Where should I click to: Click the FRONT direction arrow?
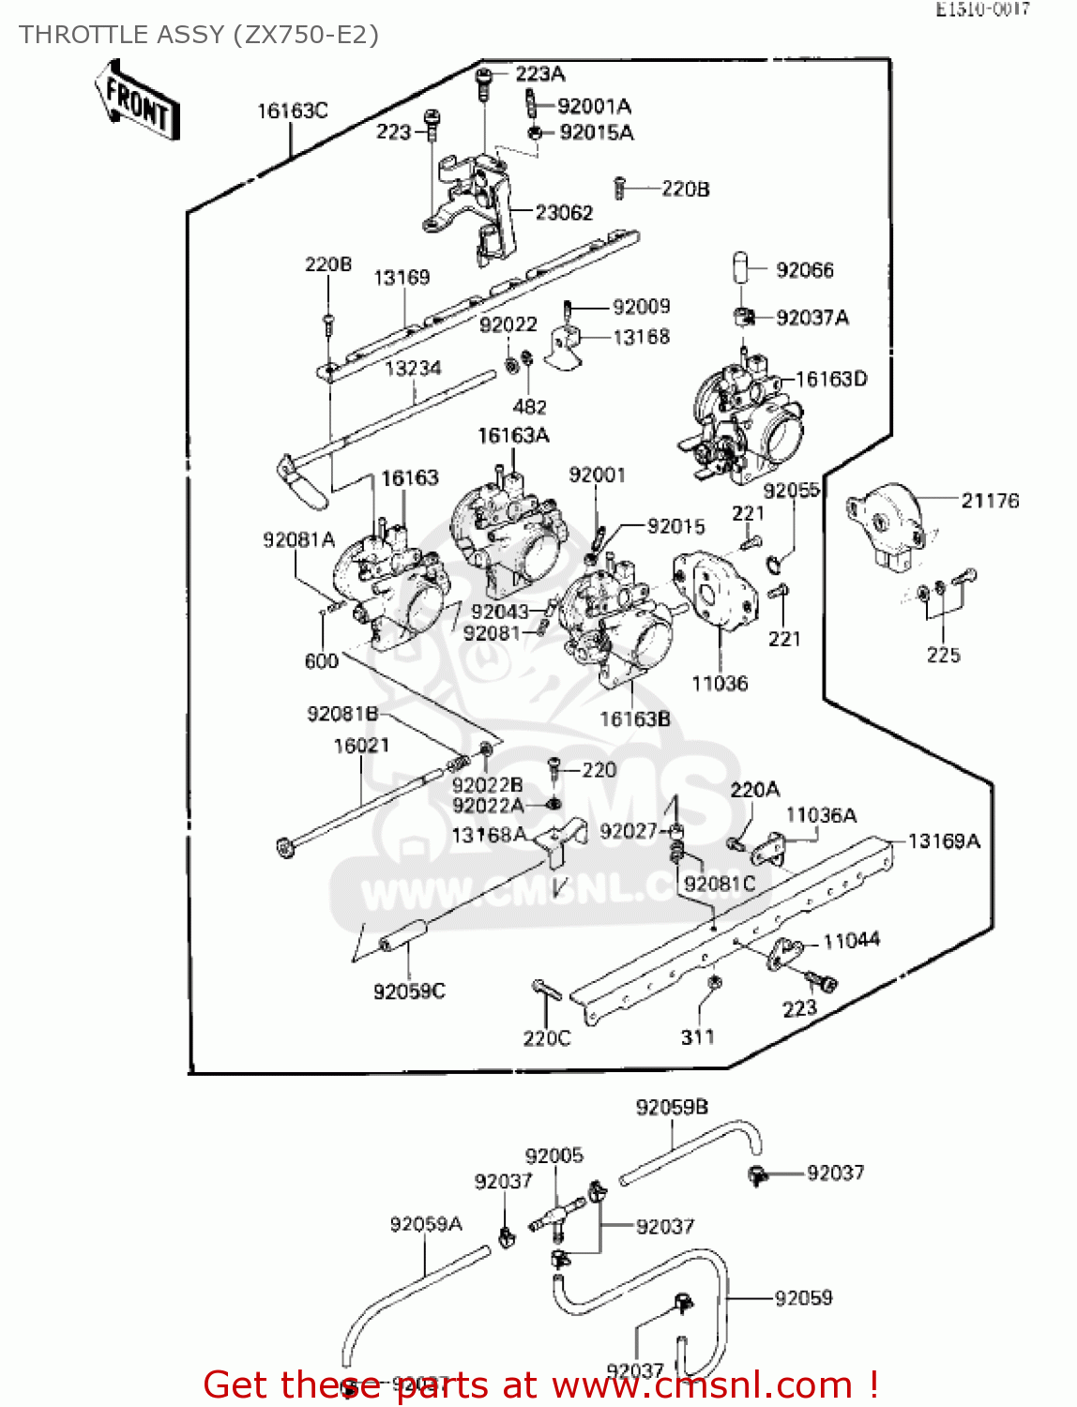pyautogui.click(x=137, y=100)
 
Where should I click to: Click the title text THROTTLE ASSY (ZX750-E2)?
pyautogui.click(x=199, y=35)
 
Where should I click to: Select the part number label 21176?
pyautogui.click(x=989, y=501)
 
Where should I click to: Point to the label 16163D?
pyautogui.click(x=831, y=379)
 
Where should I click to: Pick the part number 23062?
pyautogui.click(x=564, y=213)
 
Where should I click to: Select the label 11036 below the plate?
pyautogui.click(x=720, y=684)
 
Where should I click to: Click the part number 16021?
pyautogui.click(x=361, y=746)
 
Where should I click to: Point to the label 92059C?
pyautogui.click(x=409, y=991)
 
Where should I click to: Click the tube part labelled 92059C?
pyautogui.click(x=403, y=936)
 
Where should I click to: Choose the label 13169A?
pyautogui.click(x=943, y=841)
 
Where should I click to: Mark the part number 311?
pyautogui.click(x=697, y=1036)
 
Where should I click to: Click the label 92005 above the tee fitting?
pyautogui.click(x=554, y=1156)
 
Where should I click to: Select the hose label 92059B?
pyautogui.click(x=672, y=1107)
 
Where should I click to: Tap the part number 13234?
pyautogui.click(x=413, y=369)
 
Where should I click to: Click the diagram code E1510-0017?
pyautogui.click(x=982, y=9)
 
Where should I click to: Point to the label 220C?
pyautogui.click(x=546, y=1038)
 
